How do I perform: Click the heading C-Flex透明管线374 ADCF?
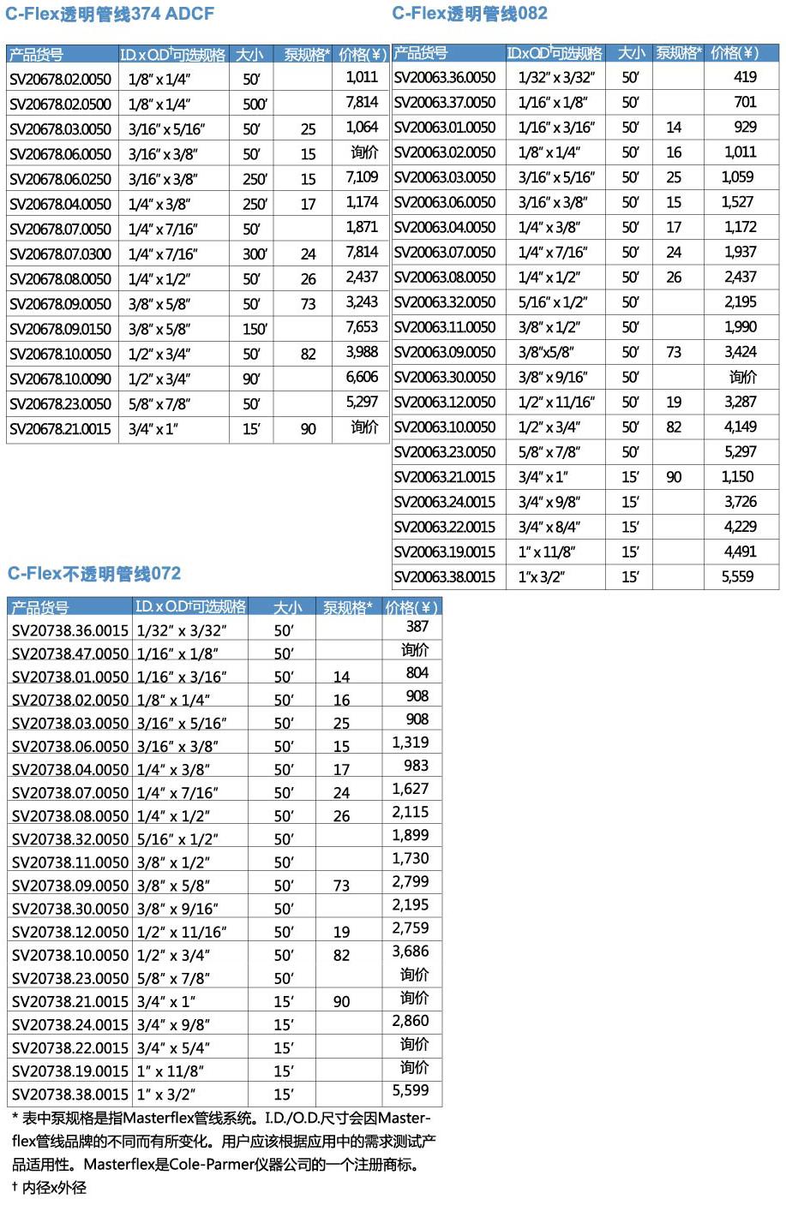[110, 14]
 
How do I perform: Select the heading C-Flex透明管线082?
[470, 13]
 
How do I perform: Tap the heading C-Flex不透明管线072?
[94, 574]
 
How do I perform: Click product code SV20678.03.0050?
[60, 129]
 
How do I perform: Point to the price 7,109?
[362, 177]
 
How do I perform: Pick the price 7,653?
[362, 327]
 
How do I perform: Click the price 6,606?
[362, 377]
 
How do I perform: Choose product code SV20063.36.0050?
[445, 77]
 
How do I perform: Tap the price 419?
[745, 77]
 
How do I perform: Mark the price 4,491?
[740, 552]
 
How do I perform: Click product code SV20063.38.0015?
[445, 577]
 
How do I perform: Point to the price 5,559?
[738, 577]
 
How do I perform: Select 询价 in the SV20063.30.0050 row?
[742, 377]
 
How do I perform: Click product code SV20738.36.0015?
[70, 630]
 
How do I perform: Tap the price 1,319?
[411, 743]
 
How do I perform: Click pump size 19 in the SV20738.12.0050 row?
[341, 932]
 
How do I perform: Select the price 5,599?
[411, 1090]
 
